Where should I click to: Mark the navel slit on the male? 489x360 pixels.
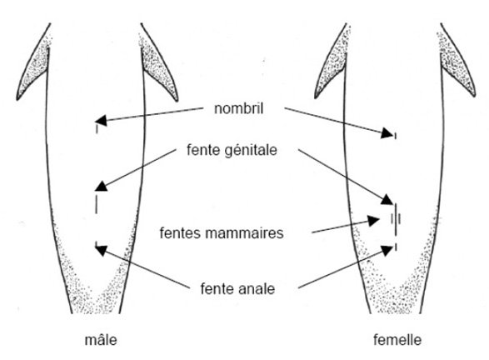coord(97,130)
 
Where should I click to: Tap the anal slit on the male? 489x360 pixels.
coord(97,247)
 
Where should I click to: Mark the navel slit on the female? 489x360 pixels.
coord(395,135)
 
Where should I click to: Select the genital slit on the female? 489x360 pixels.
coord(395,212)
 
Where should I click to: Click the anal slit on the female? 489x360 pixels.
coord(395,247)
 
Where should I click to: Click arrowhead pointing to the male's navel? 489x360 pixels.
coord(100,122)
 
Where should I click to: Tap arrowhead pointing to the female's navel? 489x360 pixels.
coord(390,132)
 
